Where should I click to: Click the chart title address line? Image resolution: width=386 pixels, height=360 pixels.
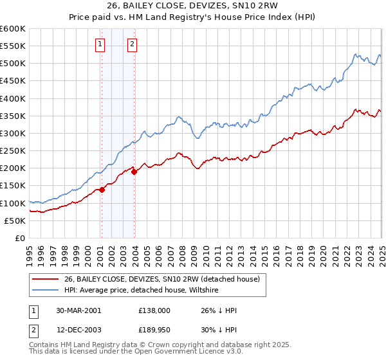pyautogui.click(x=193, y=7)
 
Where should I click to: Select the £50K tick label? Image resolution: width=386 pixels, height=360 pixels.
pyautogui.click(x=15, y=221)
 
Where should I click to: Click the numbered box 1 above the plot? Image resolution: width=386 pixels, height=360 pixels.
pyautogui.click(x=101, y=44)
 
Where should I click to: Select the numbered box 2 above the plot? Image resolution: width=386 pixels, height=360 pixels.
pyautogui.click(x=131, y=44)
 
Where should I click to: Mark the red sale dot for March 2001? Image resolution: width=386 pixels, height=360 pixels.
pyautogui.click(x=102, y=190)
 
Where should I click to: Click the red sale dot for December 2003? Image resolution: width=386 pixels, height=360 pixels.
pyautogui.click(x=134, y=172)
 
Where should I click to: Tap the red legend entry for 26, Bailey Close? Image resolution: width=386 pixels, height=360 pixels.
pyautogui.click(x=161, y=279)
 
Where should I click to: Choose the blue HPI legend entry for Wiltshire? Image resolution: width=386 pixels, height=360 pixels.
pyautogui.click(x=142, y=291)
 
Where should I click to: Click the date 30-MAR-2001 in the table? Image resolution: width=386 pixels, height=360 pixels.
pyautogui.click(x=78, y=310)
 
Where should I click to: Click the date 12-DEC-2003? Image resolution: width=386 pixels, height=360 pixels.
pyautogui.click(x=78, y=329)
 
